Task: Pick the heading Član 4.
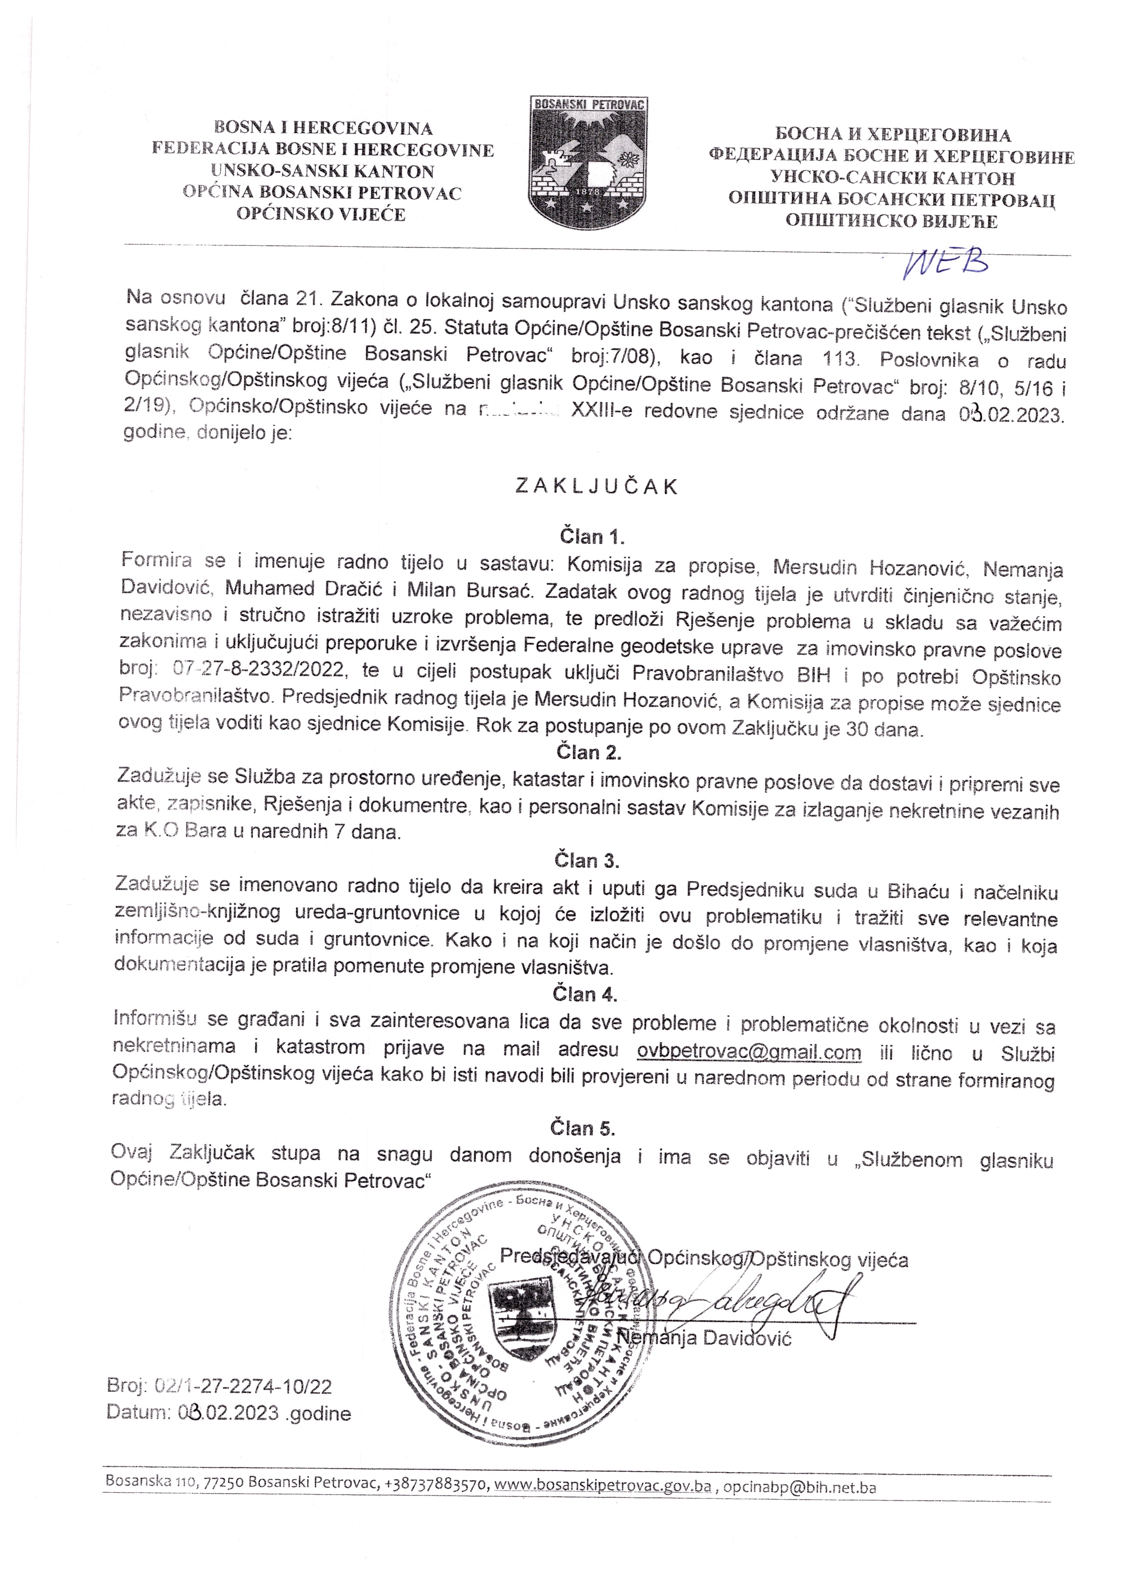tap(585, 995)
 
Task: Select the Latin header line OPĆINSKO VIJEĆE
tap(321, 214)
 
